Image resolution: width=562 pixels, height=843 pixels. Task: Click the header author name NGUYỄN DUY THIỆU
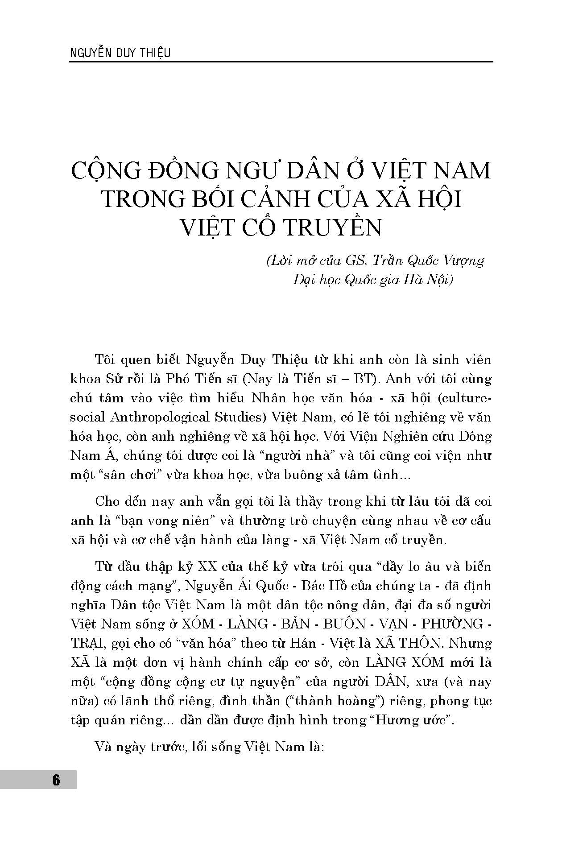(x=120, y=53)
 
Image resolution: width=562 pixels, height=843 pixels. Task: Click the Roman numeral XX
(x=207, y=566)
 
